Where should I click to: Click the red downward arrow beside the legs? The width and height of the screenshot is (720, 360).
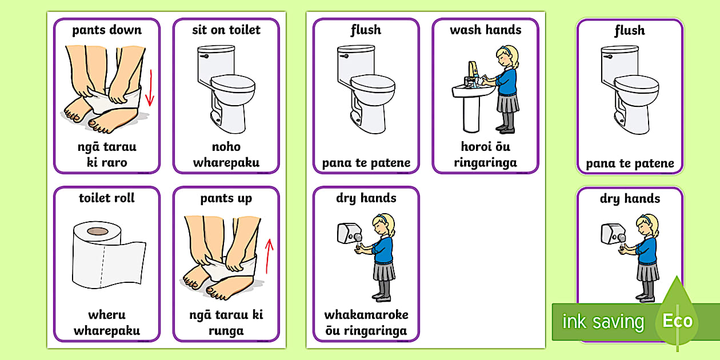pyautogui.click(x=150, y=88)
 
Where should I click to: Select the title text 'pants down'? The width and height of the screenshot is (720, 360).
pyautogui.click(x=107, y=30)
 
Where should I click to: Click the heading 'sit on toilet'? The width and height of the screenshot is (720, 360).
pyautogui.click(x=226, y=30)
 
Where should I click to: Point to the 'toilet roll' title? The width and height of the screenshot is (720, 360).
pyautogui.click(x=107, y=198)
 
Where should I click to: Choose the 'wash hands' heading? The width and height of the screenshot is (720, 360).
pyautogui.click(x=485, y=30)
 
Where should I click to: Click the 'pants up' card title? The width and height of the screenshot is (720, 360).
pyautogui.click(x=226, y=198)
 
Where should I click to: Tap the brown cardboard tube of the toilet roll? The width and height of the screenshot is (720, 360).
pyautogui.click(x=98, y=231)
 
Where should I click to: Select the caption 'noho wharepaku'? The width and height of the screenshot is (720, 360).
pyautogui.click(x=226, y=154)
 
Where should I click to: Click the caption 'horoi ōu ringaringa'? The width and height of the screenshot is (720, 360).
pyautogui.click(x=485, y=154)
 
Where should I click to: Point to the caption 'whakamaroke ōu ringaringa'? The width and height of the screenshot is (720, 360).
pyautogui.click(x=366, y=322)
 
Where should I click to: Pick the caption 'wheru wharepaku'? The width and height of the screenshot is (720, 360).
pyautogui.click(x=107, y=322)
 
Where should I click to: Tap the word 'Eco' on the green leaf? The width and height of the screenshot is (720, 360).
pyautogui.click(x=677, y=321)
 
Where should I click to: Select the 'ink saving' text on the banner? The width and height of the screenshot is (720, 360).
pyautogui.click(x=603, y=322)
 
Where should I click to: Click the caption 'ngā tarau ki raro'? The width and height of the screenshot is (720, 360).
pyautogui.click(x=107, y=154)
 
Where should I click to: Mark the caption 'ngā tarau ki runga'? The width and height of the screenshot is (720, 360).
pyautogui.click(x=226, y=322)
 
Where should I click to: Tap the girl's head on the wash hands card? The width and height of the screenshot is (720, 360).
pyautogui.click(x=503, y=55)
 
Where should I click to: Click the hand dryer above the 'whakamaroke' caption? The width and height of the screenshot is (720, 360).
pyautogui.click(x=347, y=233)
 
